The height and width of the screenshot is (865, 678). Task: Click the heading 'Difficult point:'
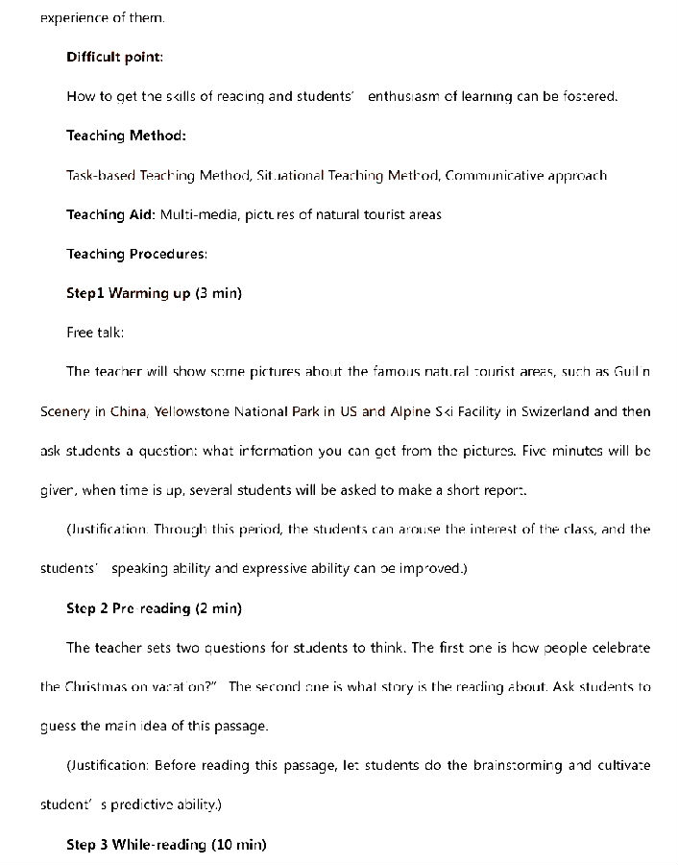click(114, 57)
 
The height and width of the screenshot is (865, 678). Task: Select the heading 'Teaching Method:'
click(126, 136)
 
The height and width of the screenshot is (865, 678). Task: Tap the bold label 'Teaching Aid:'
click(110, 214)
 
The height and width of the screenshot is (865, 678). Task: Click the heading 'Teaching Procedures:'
click(136, 254)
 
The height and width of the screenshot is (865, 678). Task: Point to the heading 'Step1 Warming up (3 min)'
click(154, 293)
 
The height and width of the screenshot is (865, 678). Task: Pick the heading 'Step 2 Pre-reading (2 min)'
click(154, 608)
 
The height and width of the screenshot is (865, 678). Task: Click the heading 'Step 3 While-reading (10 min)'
click(166, 845)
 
